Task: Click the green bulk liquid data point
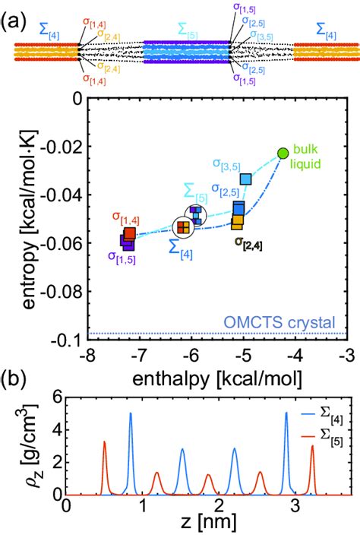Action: pyautogui.click(x=283, y=154)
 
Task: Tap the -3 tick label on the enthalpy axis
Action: pyautogui.click(x=346, y=355)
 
